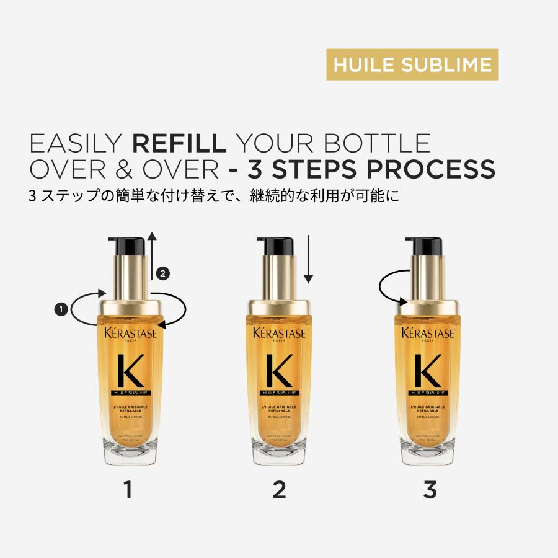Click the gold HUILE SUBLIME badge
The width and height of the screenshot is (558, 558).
click(x=412, y=64)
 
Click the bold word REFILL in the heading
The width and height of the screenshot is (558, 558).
click(x=179, y=143)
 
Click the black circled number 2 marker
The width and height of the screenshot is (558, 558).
click(x=162, y=273)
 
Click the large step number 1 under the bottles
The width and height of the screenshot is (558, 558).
click(x=128, y=490)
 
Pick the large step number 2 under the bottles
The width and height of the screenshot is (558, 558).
click(x=279, y=490)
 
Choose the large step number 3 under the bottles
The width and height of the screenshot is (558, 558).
click(x=430, y=490)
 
